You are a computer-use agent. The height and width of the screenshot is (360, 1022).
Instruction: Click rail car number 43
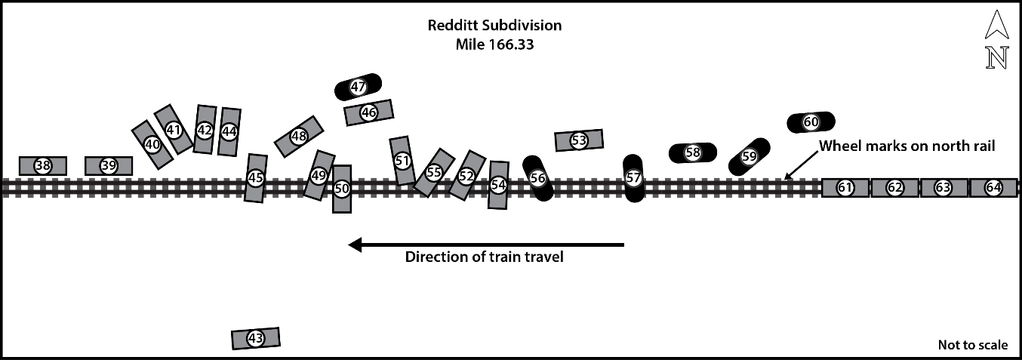click(255, 338)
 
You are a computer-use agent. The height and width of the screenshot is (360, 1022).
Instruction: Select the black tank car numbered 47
click(358, 88)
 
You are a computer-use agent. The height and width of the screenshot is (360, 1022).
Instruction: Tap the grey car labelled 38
click(43, 166)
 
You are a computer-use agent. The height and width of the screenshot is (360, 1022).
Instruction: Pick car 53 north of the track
click(579, 140)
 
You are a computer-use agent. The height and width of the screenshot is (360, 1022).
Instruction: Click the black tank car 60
click(811, 122)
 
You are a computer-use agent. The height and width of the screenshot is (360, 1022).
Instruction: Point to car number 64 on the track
click(993, 188)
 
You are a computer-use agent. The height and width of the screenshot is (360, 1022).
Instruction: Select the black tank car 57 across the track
click(633, 178)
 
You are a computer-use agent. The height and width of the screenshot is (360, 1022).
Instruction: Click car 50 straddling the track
click(342, 189)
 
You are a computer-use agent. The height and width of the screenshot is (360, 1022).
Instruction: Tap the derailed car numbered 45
click(256, 178)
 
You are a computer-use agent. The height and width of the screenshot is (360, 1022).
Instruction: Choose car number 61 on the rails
click(845, 188)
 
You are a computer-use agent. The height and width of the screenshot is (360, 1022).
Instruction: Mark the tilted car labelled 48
click(299, 137)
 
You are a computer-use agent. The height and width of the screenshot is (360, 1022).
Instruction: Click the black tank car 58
click(693, 152)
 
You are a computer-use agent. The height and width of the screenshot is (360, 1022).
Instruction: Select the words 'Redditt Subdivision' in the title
click(494, 26)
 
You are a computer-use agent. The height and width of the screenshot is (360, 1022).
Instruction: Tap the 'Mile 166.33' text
click(494, 45)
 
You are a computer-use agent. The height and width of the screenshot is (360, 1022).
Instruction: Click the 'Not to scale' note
click(972, 345)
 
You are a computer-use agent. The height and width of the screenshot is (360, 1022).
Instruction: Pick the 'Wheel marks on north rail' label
click(907, 146)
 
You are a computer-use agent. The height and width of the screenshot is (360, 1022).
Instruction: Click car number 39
click(109, 166)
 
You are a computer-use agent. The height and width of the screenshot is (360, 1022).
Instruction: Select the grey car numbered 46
click(368, 112)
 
